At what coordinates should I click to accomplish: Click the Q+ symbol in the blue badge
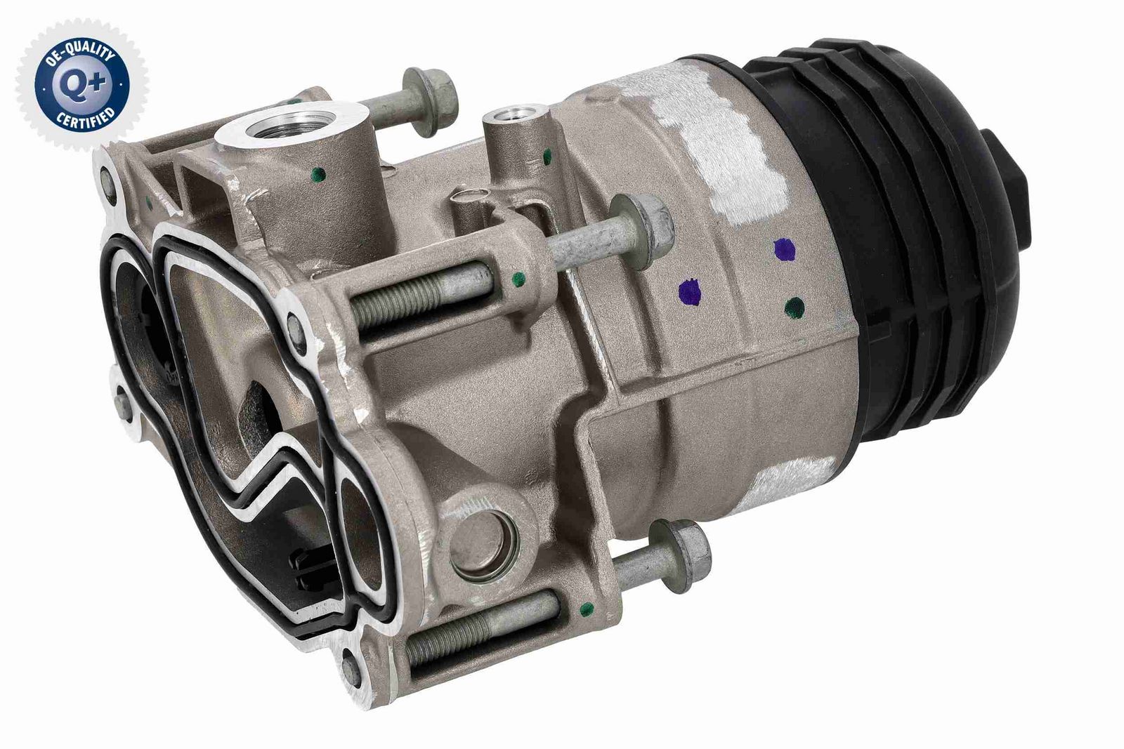point(83,84)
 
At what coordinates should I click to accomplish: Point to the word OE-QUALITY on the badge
point(80,50)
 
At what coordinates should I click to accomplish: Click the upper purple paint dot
point(784,250)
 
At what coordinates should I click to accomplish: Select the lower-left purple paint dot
point(689,291)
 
